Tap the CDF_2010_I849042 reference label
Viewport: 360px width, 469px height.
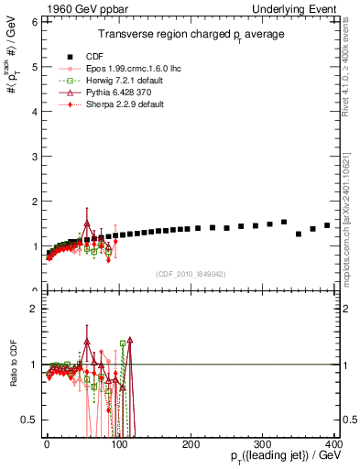click(x=191, y=273)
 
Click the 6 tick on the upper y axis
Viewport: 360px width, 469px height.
click(x=34, y=21)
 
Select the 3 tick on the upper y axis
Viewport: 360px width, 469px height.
click(x=34, y=156)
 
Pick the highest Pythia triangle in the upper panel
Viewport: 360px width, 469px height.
click(x=87, y=224)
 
